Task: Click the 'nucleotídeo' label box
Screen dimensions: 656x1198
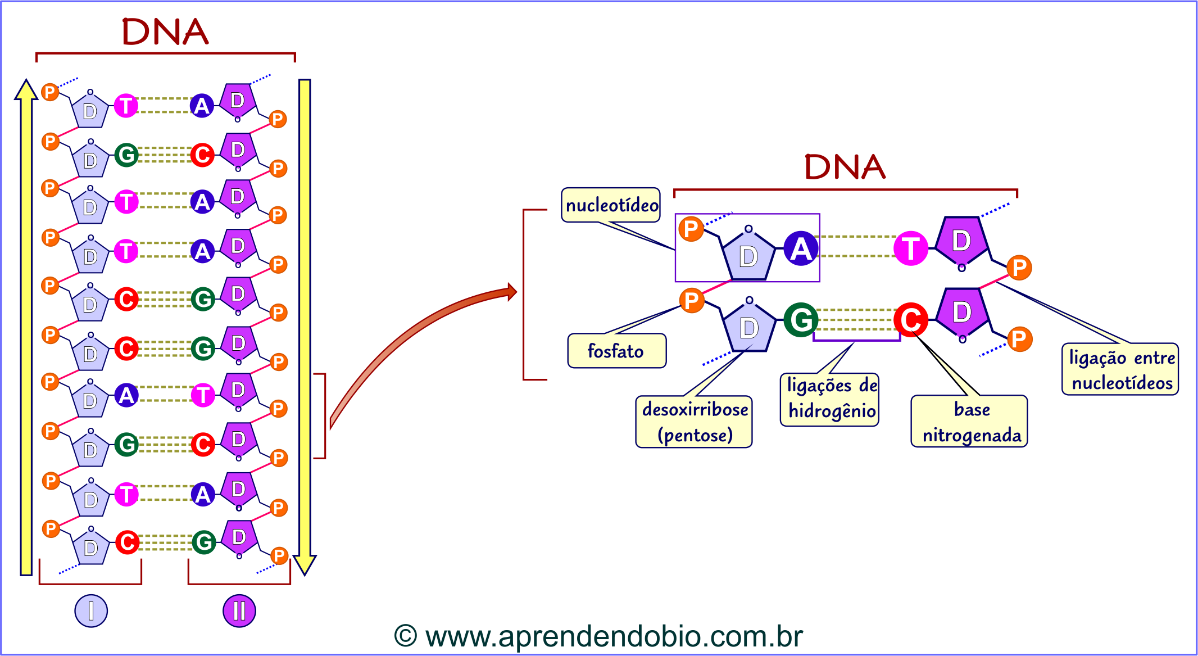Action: coord(611,205)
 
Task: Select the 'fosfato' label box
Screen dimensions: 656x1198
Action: coord(616,351)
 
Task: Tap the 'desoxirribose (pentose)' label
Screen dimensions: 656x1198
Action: coord(694,422)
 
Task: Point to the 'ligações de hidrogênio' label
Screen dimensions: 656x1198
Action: coord(830,399)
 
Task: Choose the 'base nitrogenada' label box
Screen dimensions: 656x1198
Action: coord(969,422)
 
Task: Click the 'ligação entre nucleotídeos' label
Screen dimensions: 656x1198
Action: coord(1120,369)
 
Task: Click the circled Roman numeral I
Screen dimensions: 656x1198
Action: coord(91,610)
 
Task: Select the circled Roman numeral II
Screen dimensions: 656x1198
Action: coord(239,610)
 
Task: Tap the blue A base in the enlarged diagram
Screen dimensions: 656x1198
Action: coord(801,248)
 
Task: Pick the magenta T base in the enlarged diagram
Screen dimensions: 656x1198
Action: coord(910,248)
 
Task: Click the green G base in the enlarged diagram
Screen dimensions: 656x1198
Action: coord(801,320)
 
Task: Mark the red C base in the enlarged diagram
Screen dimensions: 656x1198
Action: coord(910,320)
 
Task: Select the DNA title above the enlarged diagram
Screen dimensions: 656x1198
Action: coord(845,167)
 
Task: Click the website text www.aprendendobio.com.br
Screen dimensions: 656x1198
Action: coord(614,636)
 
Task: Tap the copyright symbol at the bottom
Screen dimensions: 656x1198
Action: coord(405,636)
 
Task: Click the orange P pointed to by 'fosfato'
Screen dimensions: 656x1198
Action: coord(692,301)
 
